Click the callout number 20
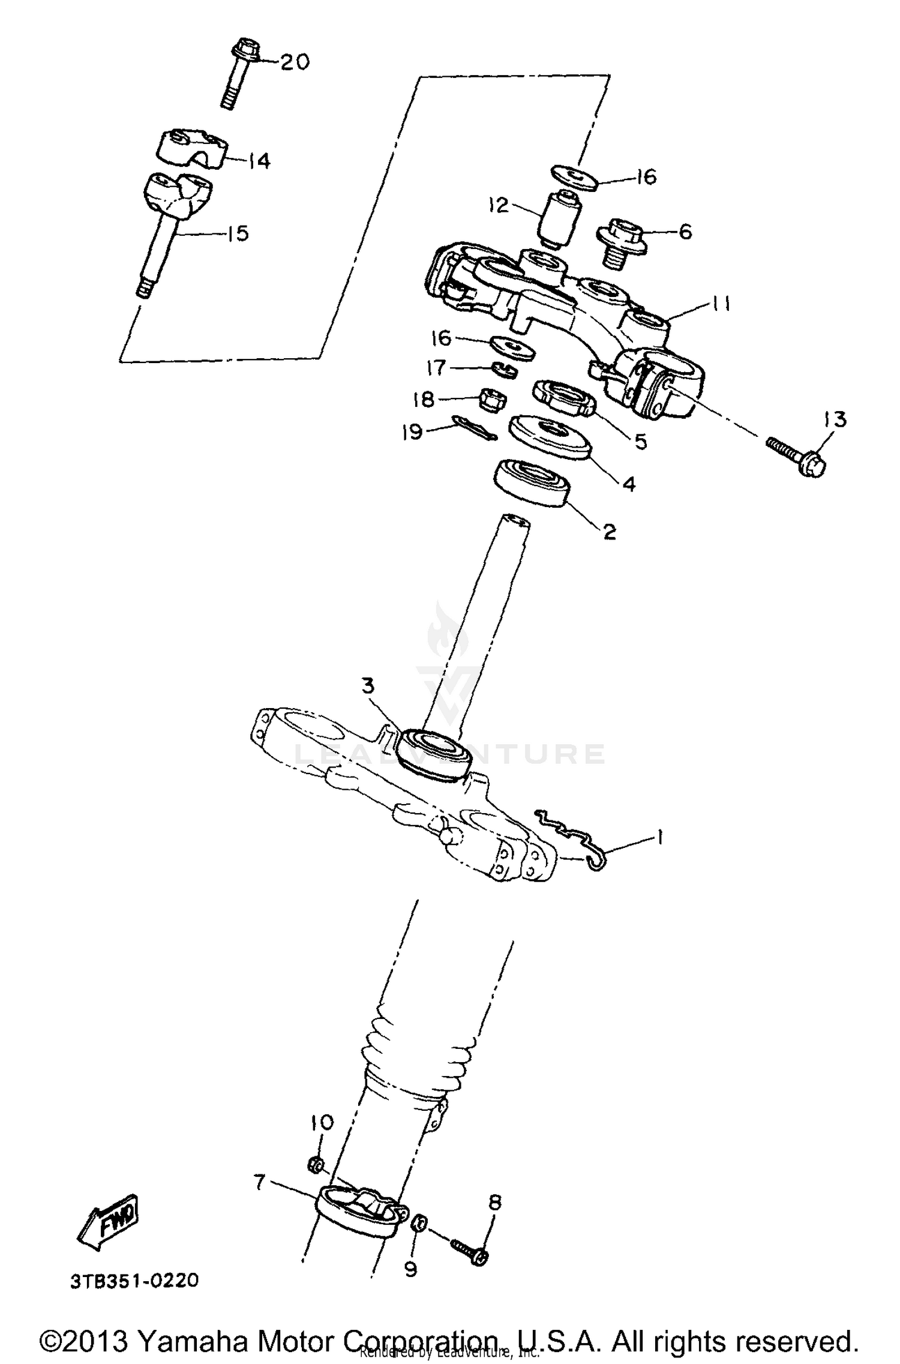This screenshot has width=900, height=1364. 295,62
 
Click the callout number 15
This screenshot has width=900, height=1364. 238,233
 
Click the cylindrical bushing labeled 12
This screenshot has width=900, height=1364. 559,220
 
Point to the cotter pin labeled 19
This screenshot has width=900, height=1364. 474,428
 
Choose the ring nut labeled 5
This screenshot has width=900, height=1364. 563,397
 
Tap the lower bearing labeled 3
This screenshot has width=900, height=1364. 434,754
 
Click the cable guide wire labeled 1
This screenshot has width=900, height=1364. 570,838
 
